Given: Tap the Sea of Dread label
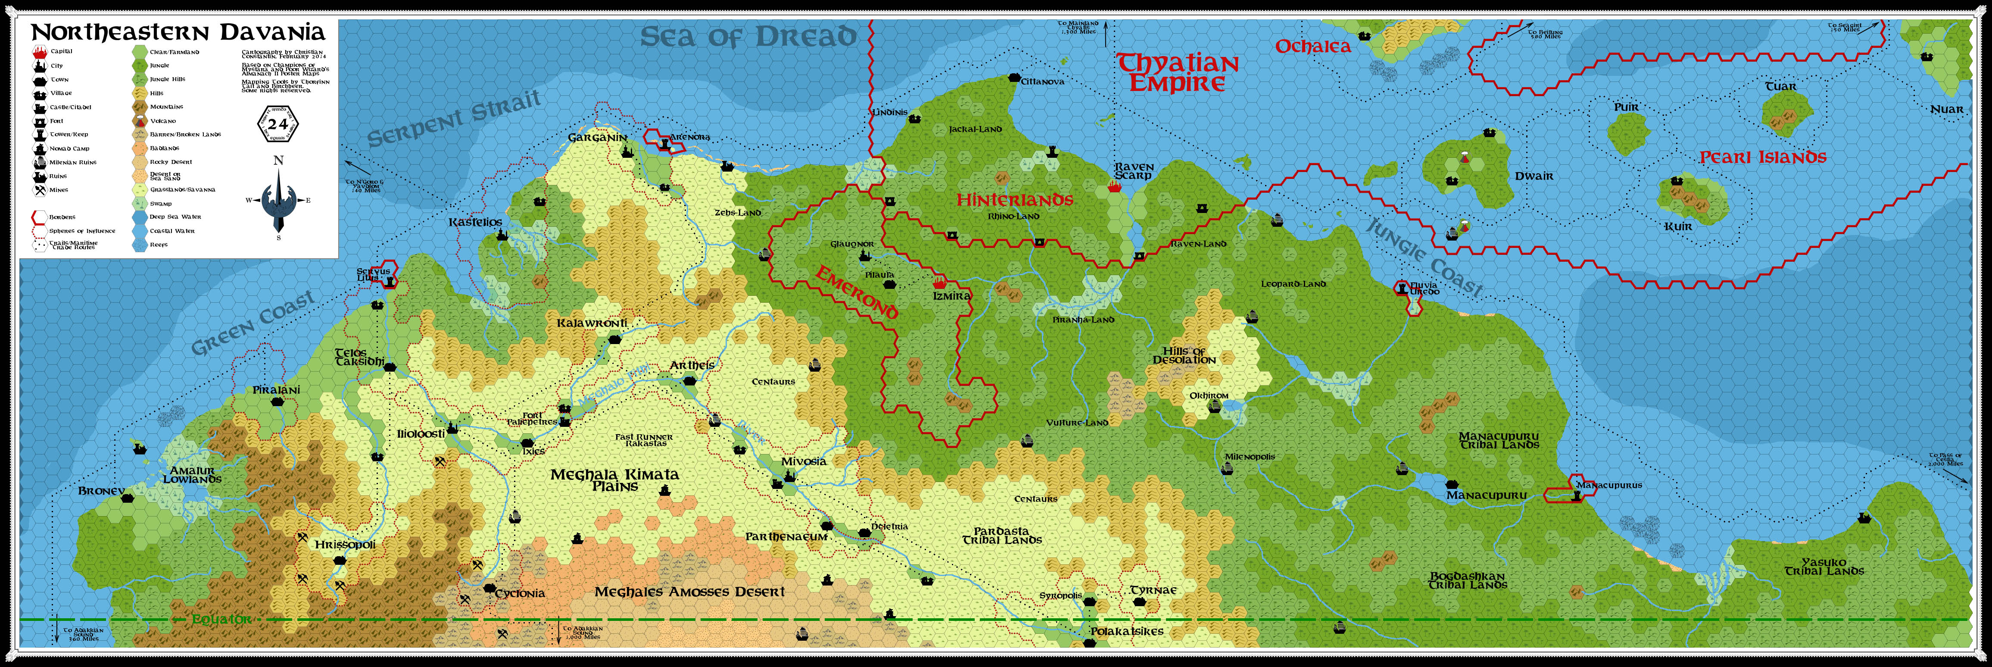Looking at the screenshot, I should [748, 36].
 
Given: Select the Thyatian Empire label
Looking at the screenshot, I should [1178, 73].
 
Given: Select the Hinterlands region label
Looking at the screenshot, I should [1015, 200].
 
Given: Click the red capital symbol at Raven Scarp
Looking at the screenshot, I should [1114, 187].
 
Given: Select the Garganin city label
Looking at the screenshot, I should [597, 138].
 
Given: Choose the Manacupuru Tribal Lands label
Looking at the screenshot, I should [1499, 440].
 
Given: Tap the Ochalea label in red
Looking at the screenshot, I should [1312, 47].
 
